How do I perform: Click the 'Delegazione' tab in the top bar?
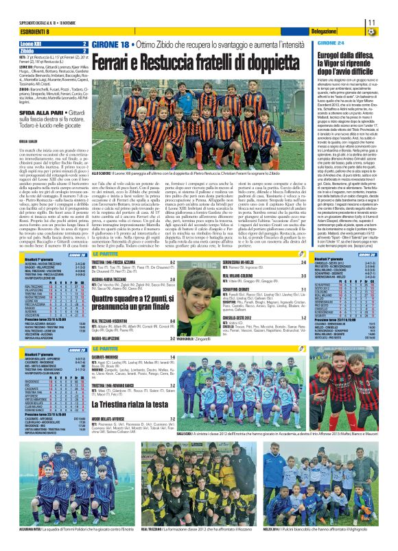coord(323,32)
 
